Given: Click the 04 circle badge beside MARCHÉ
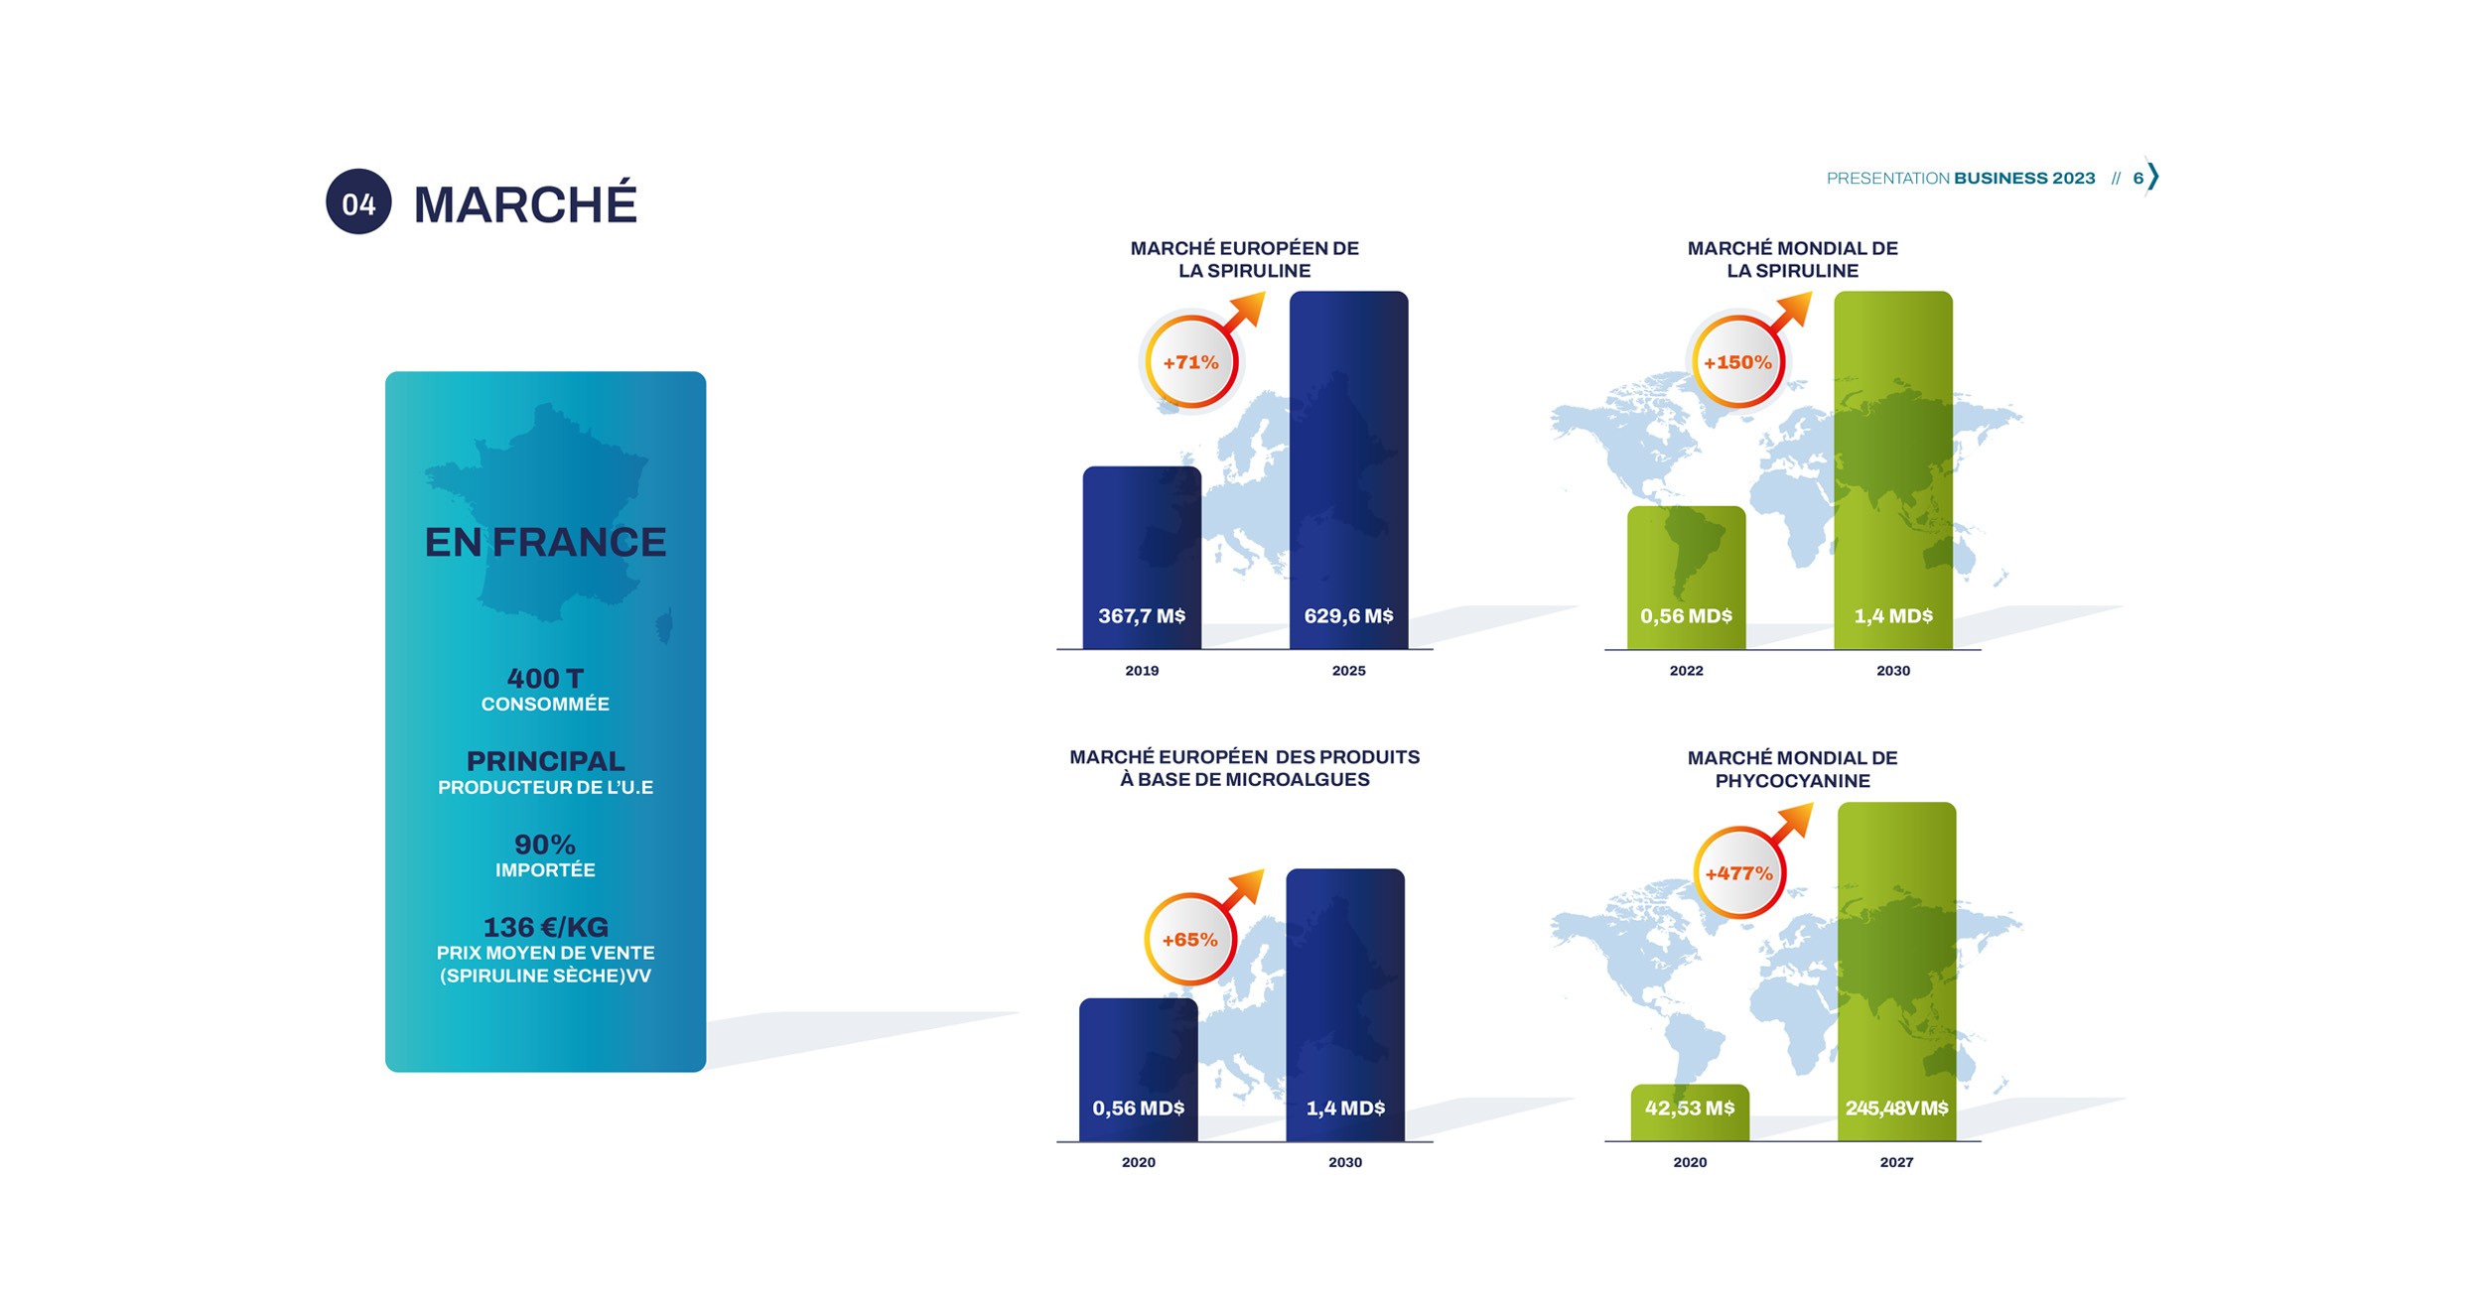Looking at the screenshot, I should coord(358,202).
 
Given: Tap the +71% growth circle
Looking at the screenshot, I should coord(1190,362).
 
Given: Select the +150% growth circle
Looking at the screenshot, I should coord(1737,362).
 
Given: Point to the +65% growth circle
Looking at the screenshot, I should coord(1189,939).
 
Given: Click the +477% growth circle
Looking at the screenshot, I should coord(1738,873).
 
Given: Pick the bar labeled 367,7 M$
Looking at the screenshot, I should coord(1142,556).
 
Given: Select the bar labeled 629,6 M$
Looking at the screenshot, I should coord(1348,466).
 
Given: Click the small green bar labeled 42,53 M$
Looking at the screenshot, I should coord(1690,1111).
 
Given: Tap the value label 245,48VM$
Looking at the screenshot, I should coord(1896,1108).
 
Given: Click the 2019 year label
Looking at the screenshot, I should coord(1142,671).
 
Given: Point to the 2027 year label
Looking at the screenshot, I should coord(1896,1162).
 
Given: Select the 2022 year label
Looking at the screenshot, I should coord(1686,671).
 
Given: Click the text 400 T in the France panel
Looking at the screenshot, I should coord(545,678).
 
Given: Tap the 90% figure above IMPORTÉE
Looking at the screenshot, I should coord(545,845).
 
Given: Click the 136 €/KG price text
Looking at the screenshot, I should coord(545,927).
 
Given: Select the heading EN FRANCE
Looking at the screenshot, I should coord(545,543).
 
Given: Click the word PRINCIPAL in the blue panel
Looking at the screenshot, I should coord(545,761).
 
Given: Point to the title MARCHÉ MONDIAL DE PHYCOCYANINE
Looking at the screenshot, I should coord(1792,769).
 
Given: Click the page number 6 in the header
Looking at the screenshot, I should coord(2137,179).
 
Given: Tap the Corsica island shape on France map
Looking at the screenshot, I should coord(664,626).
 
